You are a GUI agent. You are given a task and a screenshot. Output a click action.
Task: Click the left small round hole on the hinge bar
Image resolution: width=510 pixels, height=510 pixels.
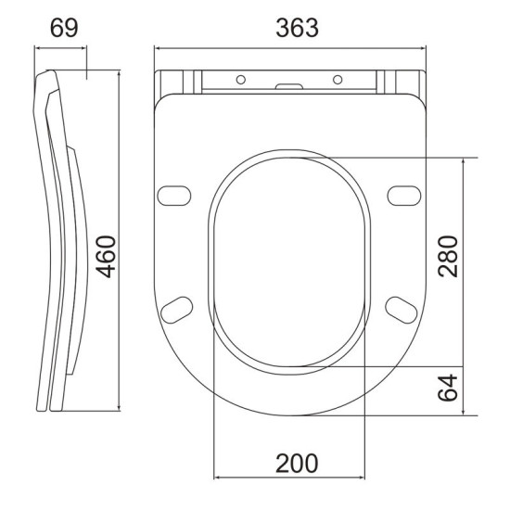(x=239, y=78)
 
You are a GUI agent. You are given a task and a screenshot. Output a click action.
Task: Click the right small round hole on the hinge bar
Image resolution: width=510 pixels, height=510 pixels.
(x=338, y=78)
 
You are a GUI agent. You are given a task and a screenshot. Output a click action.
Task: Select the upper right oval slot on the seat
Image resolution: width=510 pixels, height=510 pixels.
(x=404, y=195)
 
